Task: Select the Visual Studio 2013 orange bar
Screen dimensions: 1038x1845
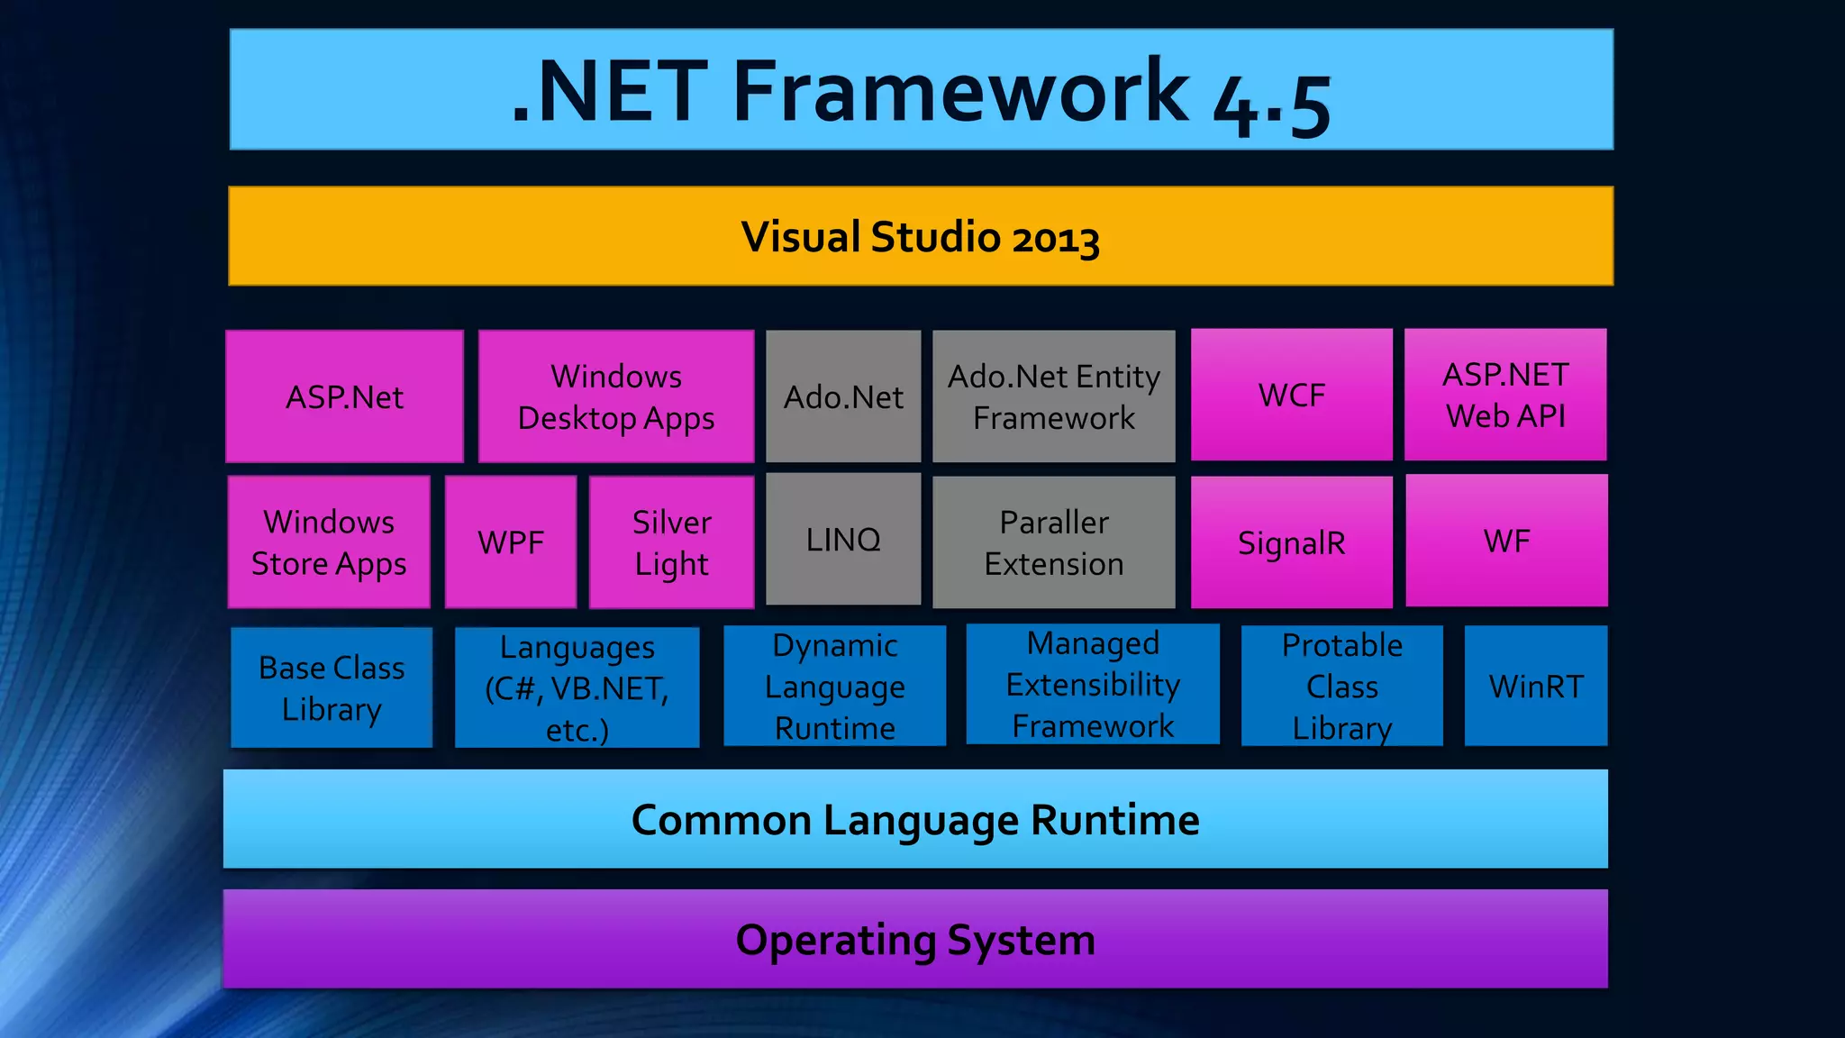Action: tap(921, 236)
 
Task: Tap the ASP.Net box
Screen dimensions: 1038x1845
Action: tap(344, 396)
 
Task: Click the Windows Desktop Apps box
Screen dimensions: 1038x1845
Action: tap(616, 396)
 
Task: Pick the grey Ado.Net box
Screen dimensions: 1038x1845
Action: tap(843, 396)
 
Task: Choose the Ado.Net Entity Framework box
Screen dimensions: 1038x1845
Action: tap(1054, 396)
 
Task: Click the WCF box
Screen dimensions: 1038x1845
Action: tap(1291, 395)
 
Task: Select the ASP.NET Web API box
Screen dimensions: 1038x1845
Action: tap(1505, 395)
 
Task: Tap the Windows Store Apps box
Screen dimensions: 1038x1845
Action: tap(329, 542)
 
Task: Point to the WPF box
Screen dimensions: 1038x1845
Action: tap(511, 542)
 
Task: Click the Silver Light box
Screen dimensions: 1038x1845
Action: tap(671, 542)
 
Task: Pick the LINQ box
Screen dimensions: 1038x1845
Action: tap(843, 539)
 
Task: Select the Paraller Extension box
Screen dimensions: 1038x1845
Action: tap(1054, 542)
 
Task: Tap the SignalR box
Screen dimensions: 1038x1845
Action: tap(1291, 542)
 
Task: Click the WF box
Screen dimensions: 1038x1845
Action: tap(1506, 541)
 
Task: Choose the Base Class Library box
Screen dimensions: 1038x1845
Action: tap(332, 687)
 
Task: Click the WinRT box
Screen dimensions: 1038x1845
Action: tap(1536, 686)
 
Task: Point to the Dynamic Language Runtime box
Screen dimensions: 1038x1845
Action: tap(835, 686)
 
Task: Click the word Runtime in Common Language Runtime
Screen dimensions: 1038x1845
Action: tap(1114, 820)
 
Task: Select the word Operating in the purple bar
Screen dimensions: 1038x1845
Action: tap(836, 941)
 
